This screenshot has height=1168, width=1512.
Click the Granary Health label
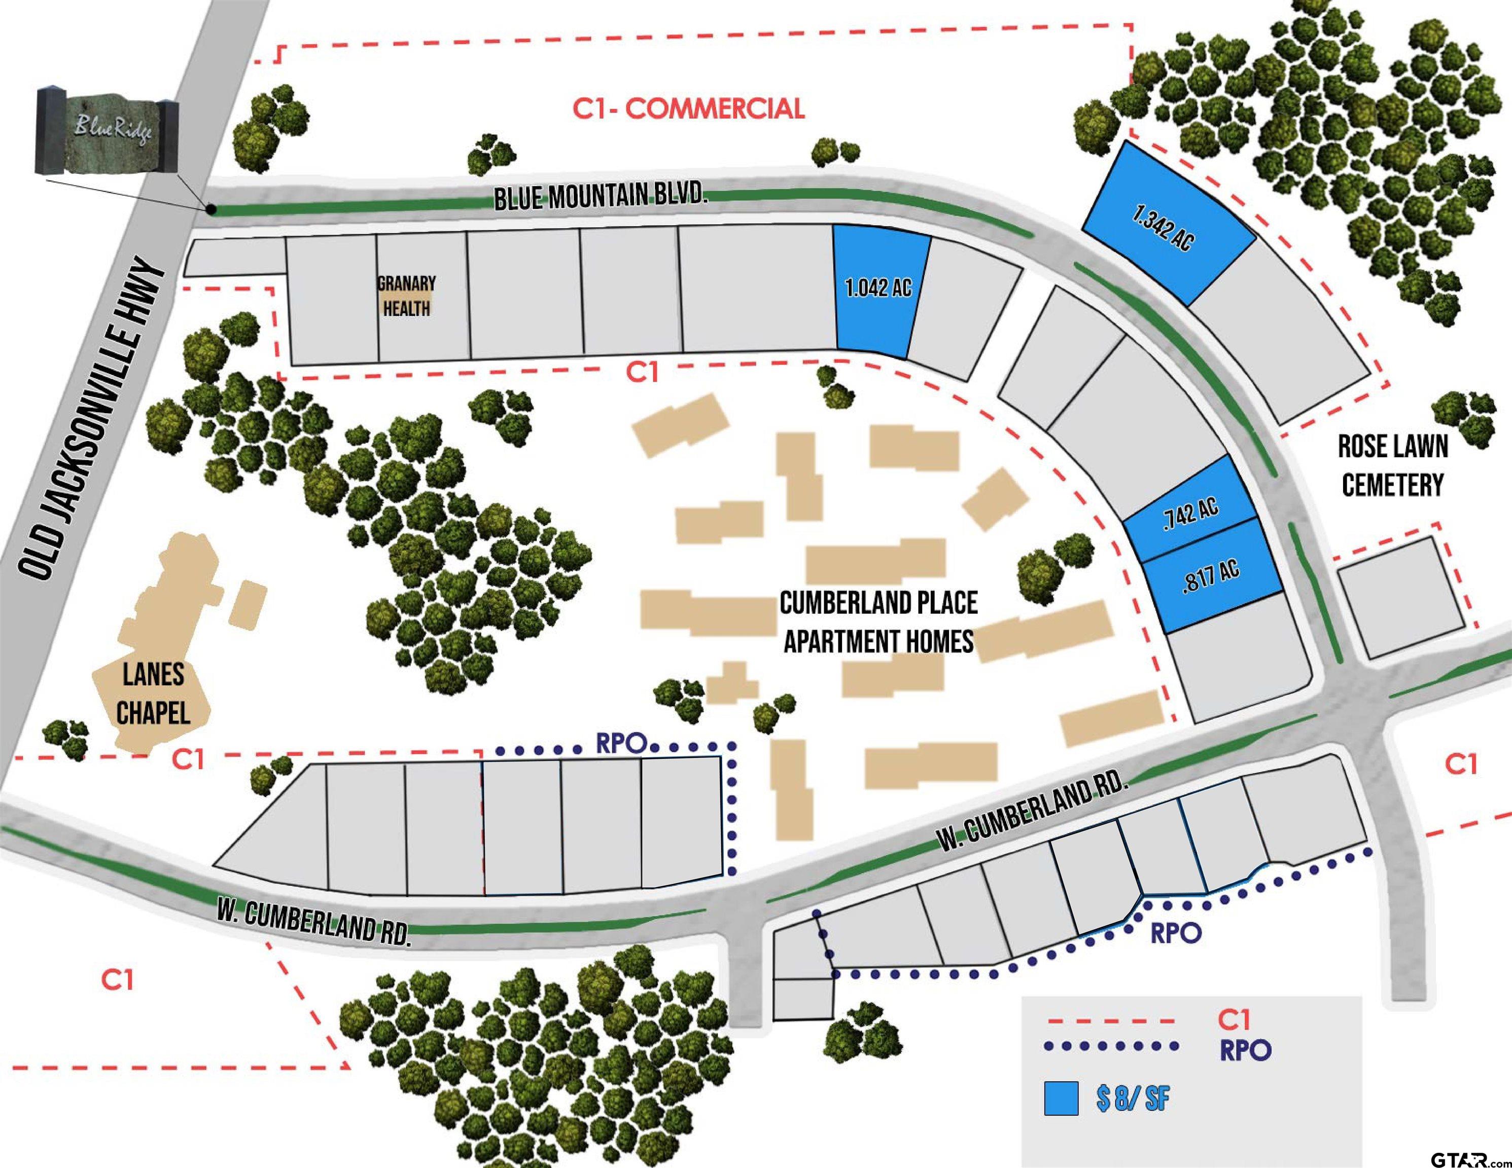(x=406, y=296)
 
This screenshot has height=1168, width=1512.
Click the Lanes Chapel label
(x=153, y=694)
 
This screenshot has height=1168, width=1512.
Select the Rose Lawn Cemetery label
(x=1393, y=466)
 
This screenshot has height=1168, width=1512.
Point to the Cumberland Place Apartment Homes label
(x=878, y=622)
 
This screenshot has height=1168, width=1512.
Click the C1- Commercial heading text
(x=689, y=108)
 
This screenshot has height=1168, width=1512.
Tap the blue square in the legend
(x=1061, y=1098)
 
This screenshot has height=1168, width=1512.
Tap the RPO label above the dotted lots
(x=621, y=744)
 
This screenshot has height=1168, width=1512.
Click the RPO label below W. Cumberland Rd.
(x=1176, y=933)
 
